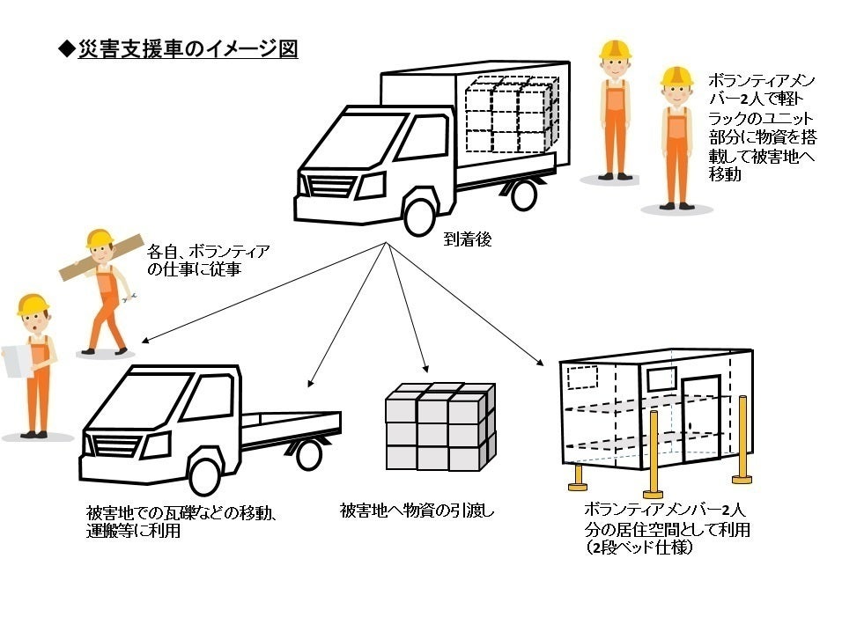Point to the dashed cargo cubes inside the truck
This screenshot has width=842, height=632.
pos(511,114)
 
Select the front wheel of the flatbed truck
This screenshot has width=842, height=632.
pos(205,474)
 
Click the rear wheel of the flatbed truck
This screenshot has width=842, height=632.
pos(308,454)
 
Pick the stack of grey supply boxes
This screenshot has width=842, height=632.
pos(439,427)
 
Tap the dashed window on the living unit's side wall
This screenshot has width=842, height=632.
pos(582,378)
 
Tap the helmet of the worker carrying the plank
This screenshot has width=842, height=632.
pos(100,237)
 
